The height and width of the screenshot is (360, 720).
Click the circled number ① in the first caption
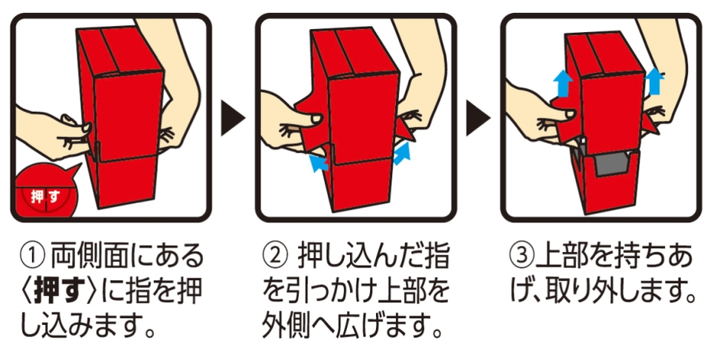(33, 256)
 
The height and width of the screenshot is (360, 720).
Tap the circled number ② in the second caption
(275, 257)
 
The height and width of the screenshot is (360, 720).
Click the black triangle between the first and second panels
(233, 119)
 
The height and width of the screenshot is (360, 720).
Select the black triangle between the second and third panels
(478, 119)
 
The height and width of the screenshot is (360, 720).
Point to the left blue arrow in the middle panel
(318, 163)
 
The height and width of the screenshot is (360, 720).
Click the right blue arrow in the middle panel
(401, 153)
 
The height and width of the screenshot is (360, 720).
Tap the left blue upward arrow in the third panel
(563, 83)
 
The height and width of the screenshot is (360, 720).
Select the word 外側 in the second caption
(285, 326)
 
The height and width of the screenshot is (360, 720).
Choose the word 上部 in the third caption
(558, 257)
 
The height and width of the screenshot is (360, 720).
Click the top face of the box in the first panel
(119, 51)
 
